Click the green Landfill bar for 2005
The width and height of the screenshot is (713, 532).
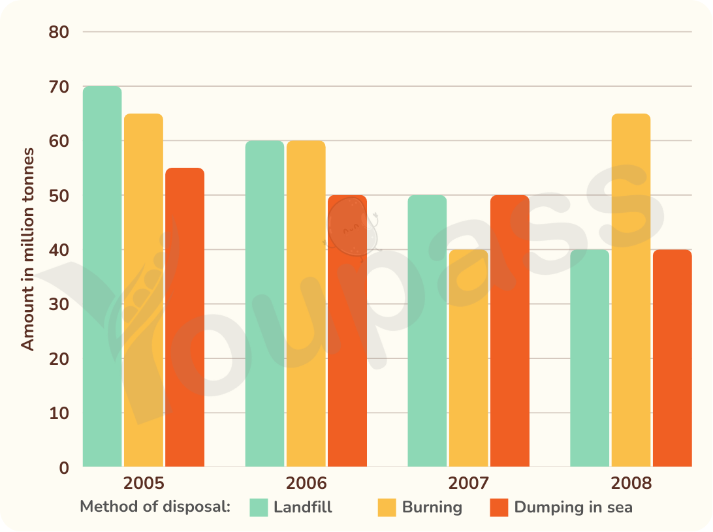(x=103, y=277)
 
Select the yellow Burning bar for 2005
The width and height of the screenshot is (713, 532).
(x=144, y=290)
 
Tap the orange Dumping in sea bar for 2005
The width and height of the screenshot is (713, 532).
(x=185, y=317)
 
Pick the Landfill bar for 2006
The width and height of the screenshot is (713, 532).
(x=264, y=304)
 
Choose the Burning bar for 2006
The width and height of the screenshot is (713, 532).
(x=306, y=304)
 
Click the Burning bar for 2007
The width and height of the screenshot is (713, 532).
(x=468, y=358)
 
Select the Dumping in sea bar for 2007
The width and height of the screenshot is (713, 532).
(x=510, y=331)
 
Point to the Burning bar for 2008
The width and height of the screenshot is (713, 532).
(x=631, y=290)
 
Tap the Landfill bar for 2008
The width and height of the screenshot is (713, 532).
(x=590, y=358)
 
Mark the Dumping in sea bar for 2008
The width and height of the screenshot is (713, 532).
(x=673, y=358)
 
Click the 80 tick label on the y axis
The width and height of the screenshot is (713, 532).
(x=59, y=32)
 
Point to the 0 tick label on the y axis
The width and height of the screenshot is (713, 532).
(x=64, y=467)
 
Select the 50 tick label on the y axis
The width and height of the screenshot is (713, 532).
(x=59, y=196)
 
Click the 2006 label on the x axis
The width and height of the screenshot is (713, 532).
(x=306, y=483)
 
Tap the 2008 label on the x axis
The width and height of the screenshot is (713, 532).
(x=631, y=483)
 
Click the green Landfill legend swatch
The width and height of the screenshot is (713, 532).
(x=259, y=507)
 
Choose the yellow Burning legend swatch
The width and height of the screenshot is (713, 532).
(x=387, y=507)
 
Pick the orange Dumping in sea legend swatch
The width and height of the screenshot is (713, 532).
(x=499, y=507)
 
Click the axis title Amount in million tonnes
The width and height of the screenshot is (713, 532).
(x=27, y=249)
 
